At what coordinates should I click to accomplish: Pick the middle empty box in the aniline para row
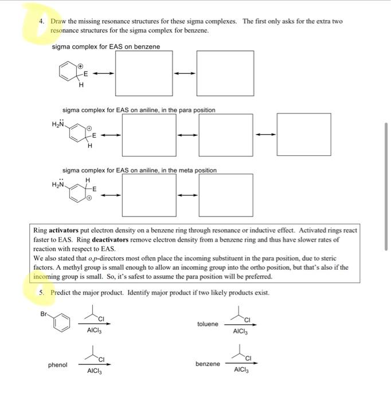pos(226,135)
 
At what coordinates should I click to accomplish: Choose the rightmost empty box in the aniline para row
pos(303,135)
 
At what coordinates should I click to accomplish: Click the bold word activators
pos(65,230)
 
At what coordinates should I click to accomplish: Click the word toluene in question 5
pos(208,324)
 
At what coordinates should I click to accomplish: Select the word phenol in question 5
pos(57,365)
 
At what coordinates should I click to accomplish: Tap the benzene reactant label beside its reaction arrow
pos(208,364)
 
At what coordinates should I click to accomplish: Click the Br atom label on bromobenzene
pos(44,313)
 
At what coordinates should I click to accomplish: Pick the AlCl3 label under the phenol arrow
pos(94,371)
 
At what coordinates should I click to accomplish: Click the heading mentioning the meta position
pos(139,170)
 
